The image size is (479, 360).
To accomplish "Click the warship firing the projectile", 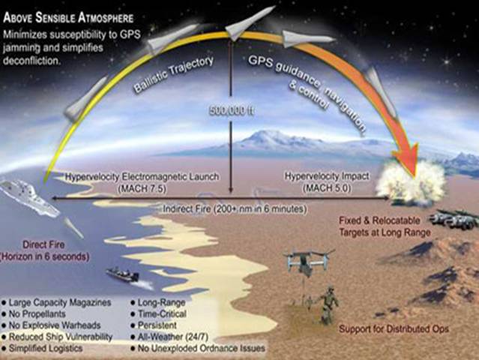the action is (29, 197).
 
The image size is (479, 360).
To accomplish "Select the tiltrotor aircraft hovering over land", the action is (309, 260).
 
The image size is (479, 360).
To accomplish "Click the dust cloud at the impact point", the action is (411, 183).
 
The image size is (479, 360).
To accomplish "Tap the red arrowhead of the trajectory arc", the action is (406, 160).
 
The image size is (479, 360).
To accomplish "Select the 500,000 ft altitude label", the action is (231, 111).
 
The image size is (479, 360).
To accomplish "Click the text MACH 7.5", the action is (142, 188).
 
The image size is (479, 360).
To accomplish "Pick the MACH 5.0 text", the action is (327, 188).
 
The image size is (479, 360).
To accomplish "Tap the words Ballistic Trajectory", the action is (173, 74).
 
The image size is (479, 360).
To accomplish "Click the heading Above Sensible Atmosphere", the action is (68, 18).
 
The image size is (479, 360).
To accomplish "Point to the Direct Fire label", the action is (43, 244).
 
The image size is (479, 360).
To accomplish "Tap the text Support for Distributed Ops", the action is (394, 328).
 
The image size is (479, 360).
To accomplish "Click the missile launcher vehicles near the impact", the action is (454, 219).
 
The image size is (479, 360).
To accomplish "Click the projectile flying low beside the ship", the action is (73, 228).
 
